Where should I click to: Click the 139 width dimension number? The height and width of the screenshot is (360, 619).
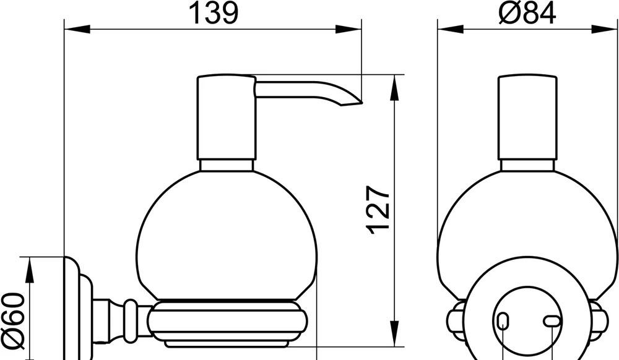tap(213, 14)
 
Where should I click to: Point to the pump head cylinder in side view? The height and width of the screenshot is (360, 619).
tap(226, 118)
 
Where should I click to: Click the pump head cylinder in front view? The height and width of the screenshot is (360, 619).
tap(527, 118)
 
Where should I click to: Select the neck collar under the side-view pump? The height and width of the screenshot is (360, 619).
tap(227, 165)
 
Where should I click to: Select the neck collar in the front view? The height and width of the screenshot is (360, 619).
tap(527, 165)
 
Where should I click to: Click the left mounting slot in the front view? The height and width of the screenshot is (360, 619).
tap(503, 320)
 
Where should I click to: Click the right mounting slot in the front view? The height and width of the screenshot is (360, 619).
tap(551, 320)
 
